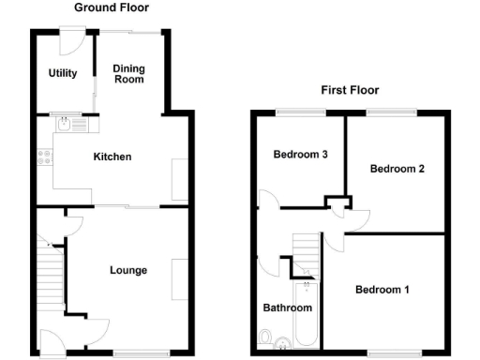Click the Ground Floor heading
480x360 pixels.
112,7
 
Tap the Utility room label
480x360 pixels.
63,73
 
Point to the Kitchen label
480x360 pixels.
112,157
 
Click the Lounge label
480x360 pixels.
127,271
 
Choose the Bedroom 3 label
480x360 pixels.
299,155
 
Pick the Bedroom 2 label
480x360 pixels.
397,170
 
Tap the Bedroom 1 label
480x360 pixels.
382,290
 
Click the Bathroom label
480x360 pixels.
286,307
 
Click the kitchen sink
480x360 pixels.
69,122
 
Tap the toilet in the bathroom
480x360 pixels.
267,337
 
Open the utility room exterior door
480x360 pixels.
71,39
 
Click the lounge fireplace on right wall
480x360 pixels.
178,271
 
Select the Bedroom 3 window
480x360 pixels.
299,113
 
